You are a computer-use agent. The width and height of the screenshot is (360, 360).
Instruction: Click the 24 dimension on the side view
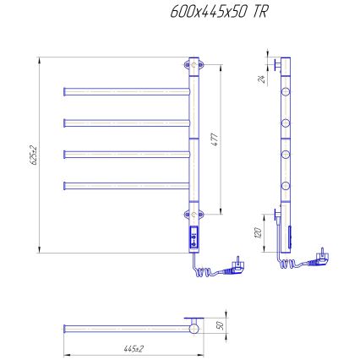263,79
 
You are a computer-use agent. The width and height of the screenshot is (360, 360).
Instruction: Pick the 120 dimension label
262,229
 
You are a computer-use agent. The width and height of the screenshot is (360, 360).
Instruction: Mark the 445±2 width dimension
132,348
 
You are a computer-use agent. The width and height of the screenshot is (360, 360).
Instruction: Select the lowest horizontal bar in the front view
127,183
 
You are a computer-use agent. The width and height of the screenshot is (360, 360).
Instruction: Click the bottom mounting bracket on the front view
194,215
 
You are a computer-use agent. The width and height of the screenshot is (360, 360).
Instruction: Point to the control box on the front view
194,238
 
